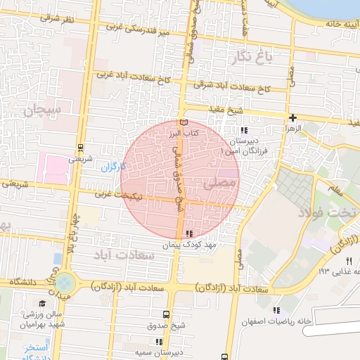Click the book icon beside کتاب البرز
pos(185,122)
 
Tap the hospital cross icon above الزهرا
pos(292,117)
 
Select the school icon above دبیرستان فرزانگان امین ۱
pos(243,130)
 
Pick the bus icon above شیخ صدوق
pos(166,314)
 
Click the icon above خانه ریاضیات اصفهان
pos(276,310)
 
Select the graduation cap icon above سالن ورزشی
pos(42,304)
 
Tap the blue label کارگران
pos(112,167)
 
